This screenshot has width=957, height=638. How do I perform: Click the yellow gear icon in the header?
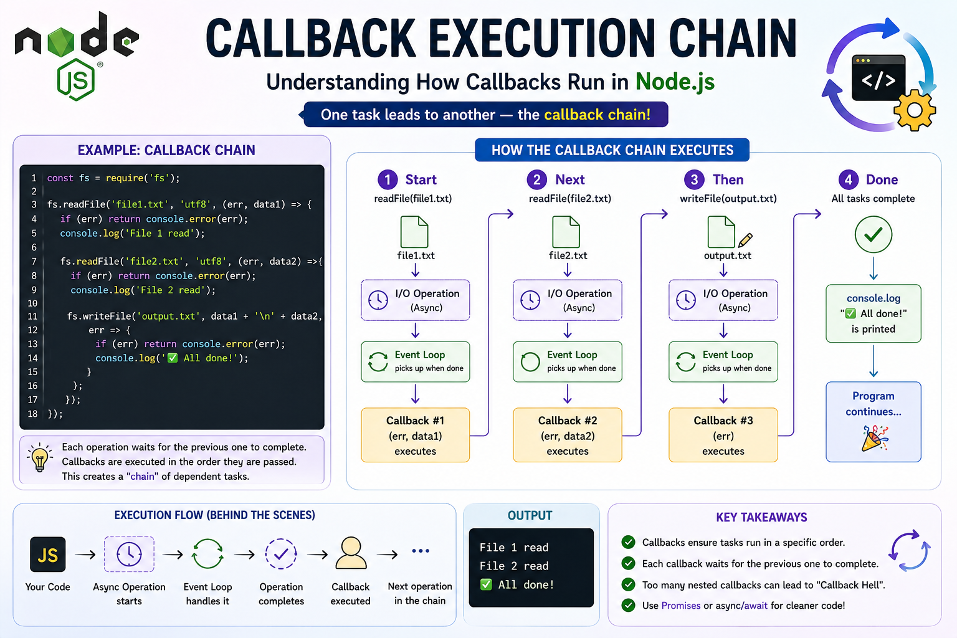tap(914, 110)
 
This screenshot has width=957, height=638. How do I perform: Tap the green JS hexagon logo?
tap(76, 80)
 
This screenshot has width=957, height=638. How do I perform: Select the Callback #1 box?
tap(416, 435)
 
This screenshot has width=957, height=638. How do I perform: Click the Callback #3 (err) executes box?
tap(723, 435)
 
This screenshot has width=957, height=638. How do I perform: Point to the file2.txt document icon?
tap(566, 232)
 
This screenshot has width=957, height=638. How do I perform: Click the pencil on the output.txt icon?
tap(745, 240)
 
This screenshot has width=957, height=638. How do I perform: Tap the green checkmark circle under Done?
tap(874, 234)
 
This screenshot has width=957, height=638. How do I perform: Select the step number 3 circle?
tap(694, 179)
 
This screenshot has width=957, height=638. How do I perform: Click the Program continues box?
tap(874, 422)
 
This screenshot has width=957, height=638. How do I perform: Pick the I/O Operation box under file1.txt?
tap(416, 300)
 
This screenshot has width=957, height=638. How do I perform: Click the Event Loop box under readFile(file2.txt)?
tap(568, 361)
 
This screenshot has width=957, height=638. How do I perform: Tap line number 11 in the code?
tap(33, 317)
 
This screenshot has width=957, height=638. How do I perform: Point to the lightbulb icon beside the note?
tap(40, 457)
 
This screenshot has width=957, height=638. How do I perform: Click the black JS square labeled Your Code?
tap(48, 555)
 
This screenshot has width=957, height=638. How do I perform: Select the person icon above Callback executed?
tap(351, 553)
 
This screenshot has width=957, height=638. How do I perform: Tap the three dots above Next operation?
tap(421, 551)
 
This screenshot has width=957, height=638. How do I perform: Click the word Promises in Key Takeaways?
tap(680, 606)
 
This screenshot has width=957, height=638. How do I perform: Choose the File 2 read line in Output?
tap(514, 566)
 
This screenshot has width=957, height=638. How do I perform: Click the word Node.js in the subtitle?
tap(675, 82)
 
